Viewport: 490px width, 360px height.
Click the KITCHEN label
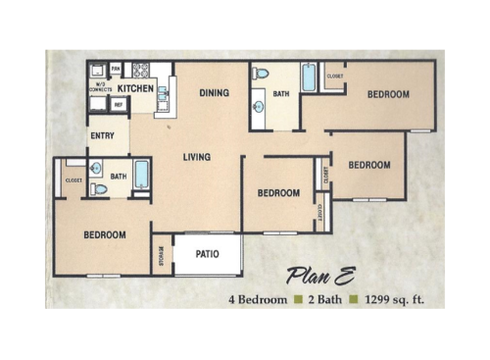point(137,87)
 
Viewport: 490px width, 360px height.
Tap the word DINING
point(214,93)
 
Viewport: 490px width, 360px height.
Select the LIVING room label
point(197,157)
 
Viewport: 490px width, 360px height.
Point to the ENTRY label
point(103,135)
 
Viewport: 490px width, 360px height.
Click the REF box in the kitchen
point(119,103)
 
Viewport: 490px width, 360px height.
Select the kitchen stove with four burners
point(141,71)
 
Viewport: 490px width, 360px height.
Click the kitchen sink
point(162,95)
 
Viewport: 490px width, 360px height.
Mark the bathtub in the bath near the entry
point(142,176)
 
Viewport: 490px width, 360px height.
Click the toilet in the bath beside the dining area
point(260,74)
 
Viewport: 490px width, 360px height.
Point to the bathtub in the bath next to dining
point(309,77)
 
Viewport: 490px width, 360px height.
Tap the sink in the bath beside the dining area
point(258,106)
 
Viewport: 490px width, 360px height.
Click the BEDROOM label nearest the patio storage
point(104,234)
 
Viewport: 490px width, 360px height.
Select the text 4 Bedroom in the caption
point(258,298)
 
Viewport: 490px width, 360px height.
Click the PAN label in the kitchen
point(116,69)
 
